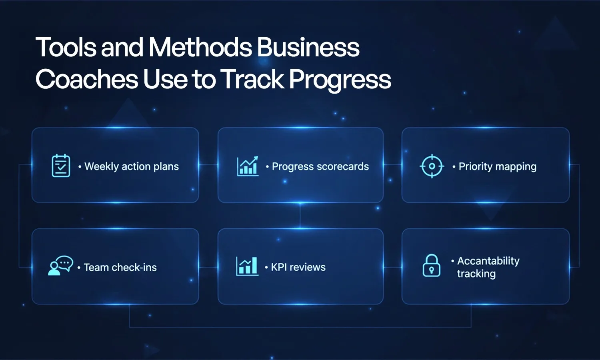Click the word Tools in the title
[66, 47]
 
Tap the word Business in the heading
[308, 47]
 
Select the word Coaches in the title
[86, 79]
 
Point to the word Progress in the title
[340, 80]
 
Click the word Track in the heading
[252, 79]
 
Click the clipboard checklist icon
[61, 166]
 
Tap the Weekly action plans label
[132, 166]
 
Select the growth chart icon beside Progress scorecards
[248, 166]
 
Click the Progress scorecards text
[320, 166]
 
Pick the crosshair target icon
[432, 166]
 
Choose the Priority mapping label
[497, 166]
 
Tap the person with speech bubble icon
[60, 266]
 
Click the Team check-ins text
[120, 267]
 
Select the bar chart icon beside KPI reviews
[247, 266]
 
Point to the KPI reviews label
[298, 267]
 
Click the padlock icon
[431, 266]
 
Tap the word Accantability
[488, 261]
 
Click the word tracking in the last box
[476, 274]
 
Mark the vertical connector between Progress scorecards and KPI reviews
[300, 216]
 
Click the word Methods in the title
[200, 47]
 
